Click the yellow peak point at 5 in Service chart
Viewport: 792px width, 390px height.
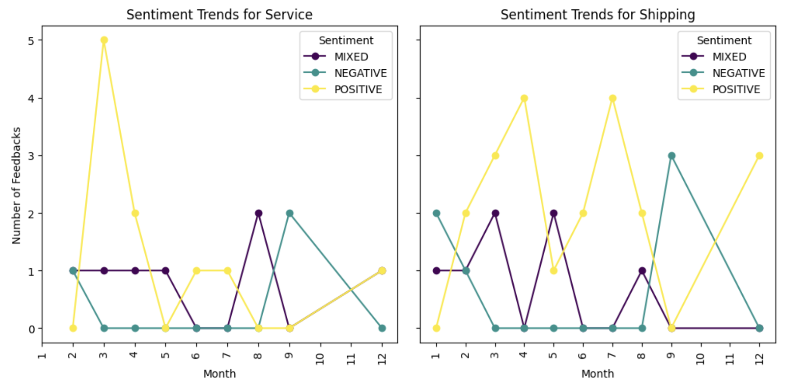coord(104,40)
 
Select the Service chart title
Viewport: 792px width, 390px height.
coord(219,15)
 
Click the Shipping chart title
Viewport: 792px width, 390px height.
coord(598,15)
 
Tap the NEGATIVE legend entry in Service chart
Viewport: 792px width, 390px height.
coord(360,73)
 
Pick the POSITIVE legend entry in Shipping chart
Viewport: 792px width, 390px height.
coord(736,89)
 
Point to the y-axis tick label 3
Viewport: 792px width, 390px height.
coord(31,156)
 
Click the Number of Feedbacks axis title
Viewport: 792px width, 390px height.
coord(16,186)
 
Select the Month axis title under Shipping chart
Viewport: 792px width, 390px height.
coord(598,374)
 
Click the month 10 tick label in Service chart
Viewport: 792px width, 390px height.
coord(320,358)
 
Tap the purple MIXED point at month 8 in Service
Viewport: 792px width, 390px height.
coord(258,213)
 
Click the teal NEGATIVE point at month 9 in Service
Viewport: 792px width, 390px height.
coord(289,213)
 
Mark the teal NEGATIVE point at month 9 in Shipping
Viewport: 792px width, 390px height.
coord(671,156)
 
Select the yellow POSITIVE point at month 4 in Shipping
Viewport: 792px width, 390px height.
coord(524,98)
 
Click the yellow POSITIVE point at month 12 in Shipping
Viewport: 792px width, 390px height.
coord(759,156)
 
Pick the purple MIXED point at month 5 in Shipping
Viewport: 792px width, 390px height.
coord(553,213)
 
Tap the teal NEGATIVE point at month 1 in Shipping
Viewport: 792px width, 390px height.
coord(436,213)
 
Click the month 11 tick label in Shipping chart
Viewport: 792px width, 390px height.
coord(729,358)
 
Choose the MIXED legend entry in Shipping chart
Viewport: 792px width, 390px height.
coord(729,57)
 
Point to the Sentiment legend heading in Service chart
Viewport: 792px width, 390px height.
coord(346,40)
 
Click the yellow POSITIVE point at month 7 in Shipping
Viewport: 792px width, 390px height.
coord(612,98)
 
